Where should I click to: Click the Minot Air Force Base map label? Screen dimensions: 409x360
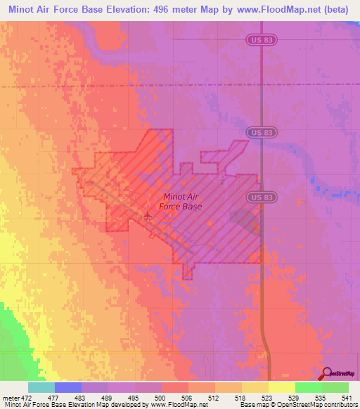pos(182,202)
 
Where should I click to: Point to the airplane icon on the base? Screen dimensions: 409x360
pos(147,215)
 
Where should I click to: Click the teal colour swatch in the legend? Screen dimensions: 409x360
pos(41,387)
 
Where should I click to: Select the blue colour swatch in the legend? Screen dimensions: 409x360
pos(67,387)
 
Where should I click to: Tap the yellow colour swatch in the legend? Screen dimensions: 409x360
pos(281,387)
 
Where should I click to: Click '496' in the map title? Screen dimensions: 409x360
pos(150,8)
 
